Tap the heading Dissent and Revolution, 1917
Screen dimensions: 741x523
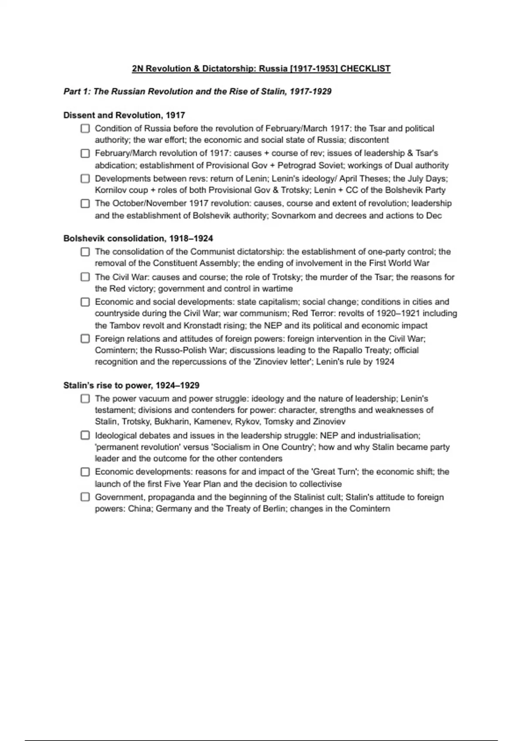(x=124, y=116)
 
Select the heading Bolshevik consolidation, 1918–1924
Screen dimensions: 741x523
(x=138, y=238)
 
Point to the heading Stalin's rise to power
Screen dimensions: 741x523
(x=131, y=385)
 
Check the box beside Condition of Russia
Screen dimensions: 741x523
(x=85, y=129)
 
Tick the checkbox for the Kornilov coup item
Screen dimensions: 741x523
(x=85, y=179)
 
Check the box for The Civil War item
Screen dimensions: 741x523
(x=85, y=277)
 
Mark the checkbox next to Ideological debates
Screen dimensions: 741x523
(x=85, y=435)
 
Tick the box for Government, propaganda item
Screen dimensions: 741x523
(x=85, y=497)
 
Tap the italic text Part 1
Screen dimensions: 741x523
(x=76, y=92)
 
